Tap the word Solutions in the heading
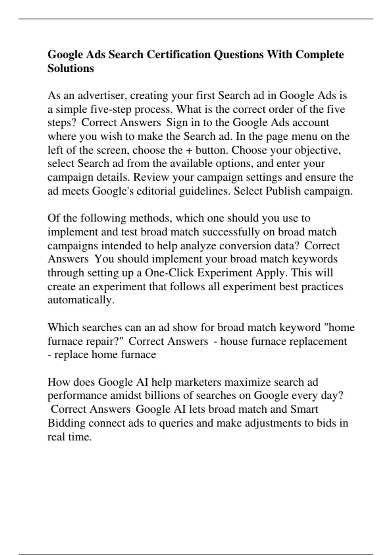click(71, 68)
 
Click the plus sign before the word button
click(189, 150)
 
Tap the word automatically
click(81, 300)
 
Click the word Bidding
click(66, 423)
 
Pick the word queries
click(176, 423)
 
